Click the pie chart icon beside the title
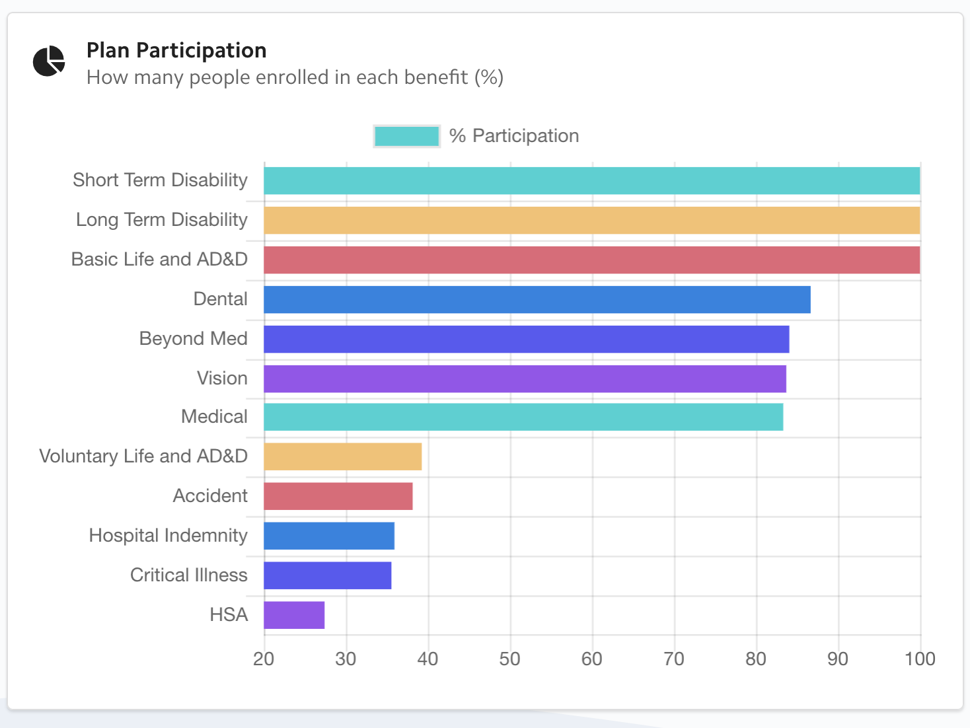click(49, 61)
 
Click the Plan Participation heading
click(176, 50)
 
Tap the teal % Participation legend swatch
click(406, 136)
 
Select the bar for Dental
click(537, 299)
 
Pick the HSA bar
click(294, 615)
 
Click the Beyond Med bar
click(526, 339)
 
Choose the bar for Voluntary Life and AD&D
click(342, 456)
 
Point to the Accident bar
click(338, 496)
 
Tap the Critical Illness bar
click(327, 575)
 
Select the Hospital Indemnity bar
click(329, 536)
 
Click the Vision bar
click(525, 379)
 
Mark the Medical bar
click(523, 417)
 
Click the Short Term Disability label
click(160, 180)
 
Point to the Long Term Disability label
click(162, 219)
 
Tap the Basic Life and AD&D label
click(159, 259)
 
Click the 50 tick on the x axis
click(509, 659)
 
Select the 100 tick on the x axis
click(920, 659)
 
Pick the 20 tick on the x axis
click(264, 659)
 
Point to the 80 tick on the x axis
click(756, 659)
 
